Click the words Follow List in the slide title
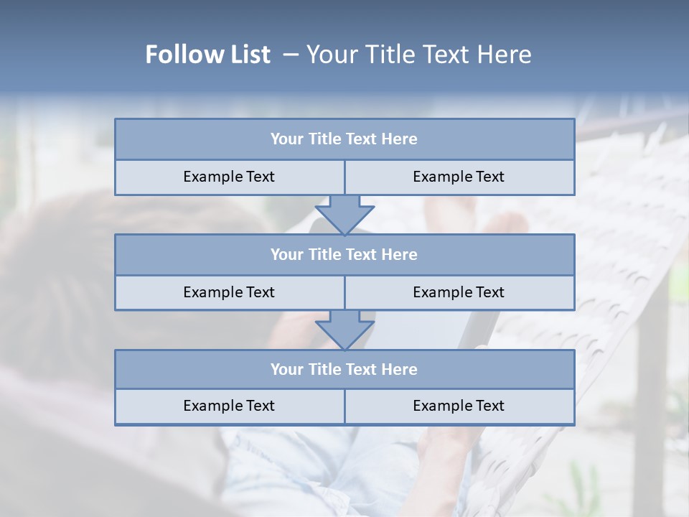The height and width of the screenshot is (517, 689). click(207, 55)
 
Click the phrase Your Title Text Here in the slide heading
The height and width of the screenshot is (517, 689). click(418, 55)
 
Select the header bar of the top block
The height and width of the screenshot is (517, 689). click(344, 139)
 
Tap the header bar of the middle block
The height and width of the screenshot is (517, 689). click(344, 255)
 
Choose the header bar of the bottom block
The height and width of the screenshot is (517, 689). click(344, 370)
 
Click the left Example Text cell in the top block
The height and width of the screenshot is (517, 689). click(229, 177)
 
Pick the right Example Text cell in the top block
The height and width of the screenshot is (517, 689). click(459, 177)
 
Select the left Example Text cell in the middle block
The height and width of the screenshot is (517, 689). click(229, 292)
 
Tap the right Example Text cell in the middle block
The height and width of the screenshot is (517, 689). click(459, 292)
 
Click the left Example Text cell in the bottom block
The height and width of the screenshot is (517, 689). click(229, 406)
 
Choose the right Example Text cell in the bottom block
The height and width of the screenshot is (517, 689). click(459, 406)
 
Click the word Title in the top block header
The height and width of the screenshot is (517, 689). click(325, 139)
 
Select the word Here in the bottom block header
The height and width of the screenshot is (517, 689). click(399, 370)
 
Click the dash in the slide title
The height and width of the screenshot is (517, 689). click(291, 55)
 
